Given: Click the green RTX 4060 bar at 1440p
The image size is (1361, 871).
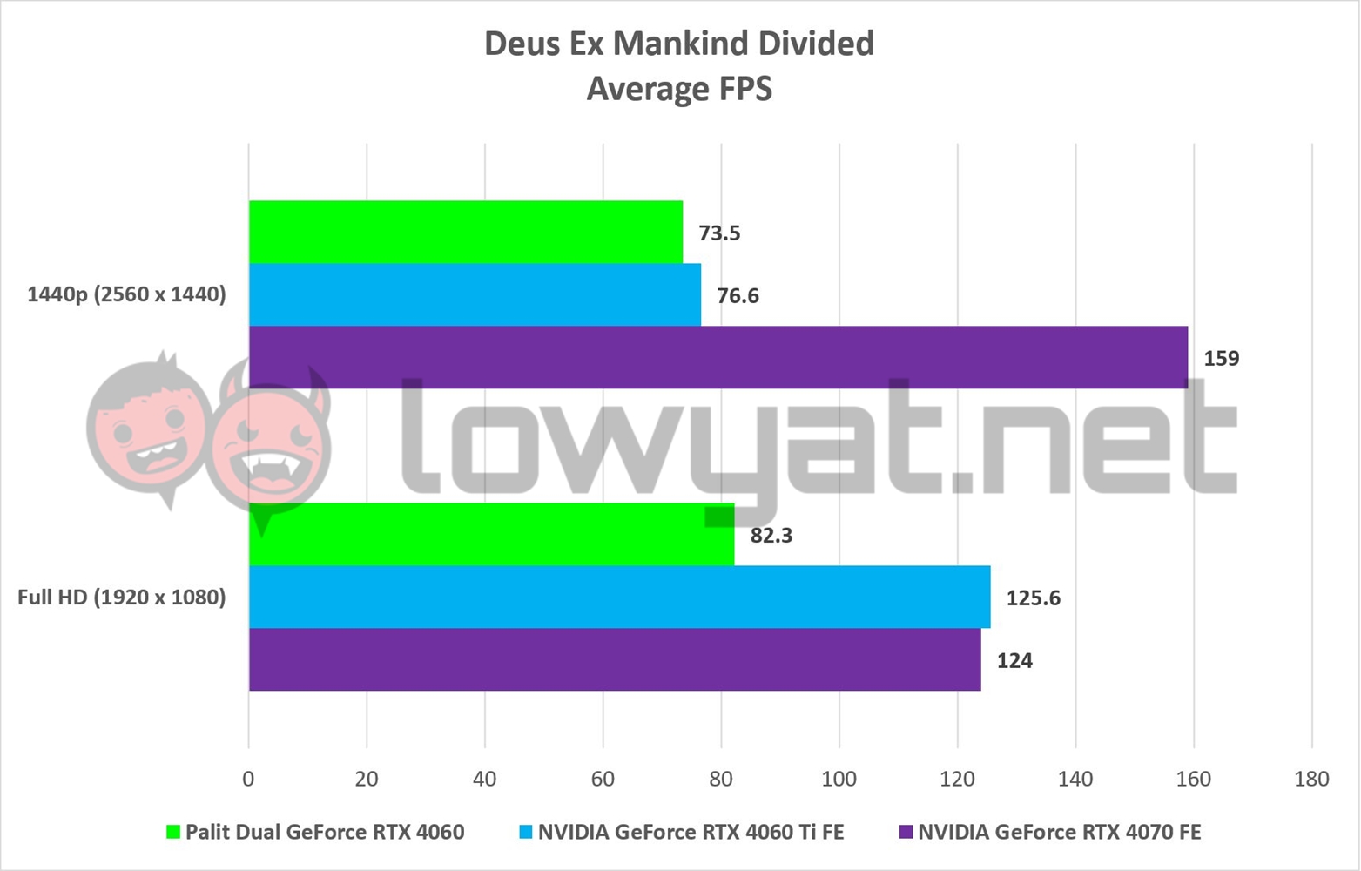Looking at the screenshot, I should click(465, 232).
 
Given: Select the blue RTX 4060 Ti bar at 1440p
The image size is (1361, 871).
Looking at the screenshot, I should click(475, 294).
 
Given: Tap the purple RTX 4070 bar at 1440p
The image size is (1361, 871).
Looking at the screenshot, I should click(718, 357).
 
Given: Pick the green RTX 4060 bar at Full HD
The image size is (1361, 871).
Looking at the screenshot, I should click(491, 534).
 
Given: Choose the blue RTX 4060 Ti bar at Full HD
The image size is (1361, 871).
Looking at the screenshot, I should click(619, 597).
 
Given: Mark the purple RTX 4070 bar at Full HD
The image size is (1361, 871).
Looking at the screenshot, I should click(615, 659).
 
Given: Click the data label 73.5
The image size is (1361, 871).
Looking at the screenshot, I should click(719, 233).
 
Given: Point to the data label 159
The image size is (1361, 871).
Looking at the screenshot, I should click(1221, 359).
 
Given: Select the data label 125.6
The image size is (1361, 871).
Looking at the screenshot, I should click(1033, 598).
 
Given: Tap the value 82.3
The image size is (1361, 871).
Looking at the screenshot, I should click(771, 536).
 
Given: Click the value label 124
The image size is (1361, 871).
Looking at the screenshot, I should click(1014, 661).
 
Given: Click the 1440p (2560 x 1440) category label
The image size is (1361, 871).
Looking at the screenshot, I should click(126, 294).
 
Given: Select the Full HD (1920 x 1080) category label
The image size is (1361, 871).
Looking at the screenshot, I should click(121, 598).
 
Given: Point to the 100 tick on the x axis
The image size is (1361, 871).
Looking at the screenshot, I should click(839, 779).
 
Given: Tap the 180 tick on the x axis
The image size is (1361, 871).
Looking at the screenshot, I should click(1311, 779).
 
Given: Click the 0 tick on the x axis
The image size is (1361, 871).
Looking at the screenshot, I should click(248, 779).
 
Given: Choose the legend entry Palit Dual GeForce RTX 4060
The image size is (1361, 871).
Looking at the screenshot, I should click(324, 832).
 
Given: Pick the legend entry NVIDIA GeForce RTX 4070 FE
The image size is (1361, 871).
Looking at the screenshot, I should click(1059, 832).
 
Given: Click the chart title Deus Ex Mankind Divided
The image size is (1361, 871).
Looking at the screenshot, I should click(679, 44).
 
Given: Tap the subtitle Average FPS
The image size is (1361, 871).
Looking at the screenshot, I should click(679, 89).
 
